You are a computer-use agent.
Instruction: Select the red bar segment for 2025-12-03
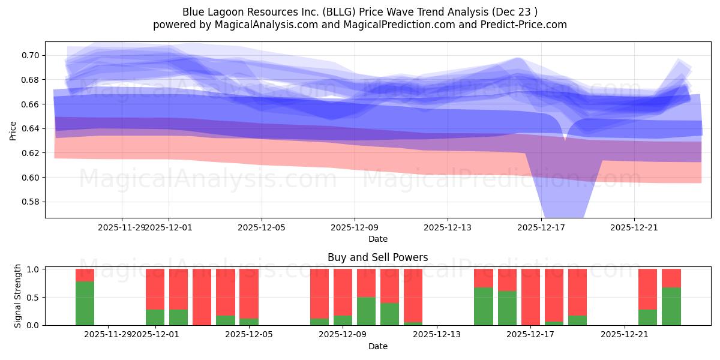[x=202, y=296]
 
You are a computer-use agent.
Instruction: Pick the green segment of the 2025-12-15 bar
[x=483, y=306]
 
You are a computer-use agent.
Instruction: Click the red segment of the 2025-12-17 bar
[x=530, y=296]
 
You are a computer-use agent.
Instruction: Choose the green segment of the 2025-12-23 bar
[x=671, y=306]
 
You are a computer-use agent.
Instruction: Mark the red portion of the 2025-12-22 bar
[x=647, y=289]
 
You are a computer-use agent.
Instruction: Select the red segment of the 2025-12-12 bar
[x=413, y=295]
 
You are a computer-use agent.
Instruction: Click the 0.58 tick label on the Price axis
[x=31, y=202]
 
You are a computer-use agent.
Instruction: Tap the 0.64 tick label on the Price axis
[x=31, y=129]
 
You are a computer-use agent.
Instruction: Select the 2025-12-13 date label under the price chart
[x=448, y=227]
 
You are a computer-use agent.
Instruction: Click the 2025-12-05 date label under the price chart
[x=262, y=227]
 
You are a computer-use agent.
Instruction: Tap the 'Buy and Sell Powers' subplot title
[x=377, y=257]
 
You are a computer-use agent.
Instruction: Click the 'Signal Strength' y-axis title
[x=18, y=296]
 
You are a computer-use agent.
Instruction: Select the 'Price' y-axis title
[x=13, y=130]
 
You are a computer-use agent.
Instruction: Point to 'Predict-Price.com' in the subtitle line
[x=526, y=25]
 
